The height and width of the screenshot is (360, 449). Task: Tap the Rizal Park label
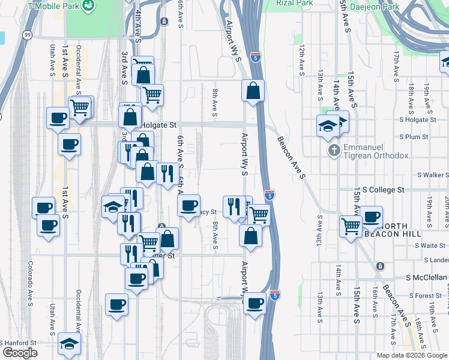(x=295, y=3)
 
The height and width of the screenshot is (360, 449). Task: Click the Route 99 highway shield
(x=28, y=36)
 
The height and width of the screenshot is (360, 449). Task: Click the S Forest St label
(x=427, y=296)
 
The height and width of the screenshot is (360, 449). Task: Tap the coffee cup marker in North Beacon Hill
(x=371, y=216)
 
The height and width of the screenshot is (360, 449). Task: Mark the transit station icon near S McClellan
(x=379, y=266)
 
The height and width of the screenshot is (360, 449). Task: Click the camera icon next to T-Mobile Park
(x=89, y=5)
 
